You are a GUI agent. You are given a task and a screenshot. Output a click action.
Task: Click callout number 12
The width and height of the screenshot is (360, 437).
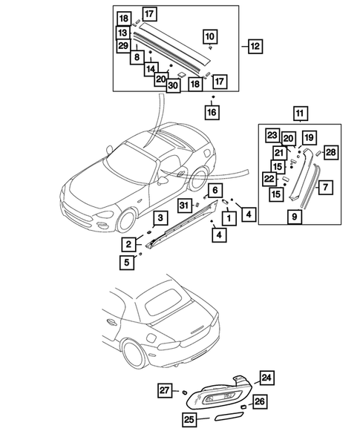pyautogui.click(x=254, y=46)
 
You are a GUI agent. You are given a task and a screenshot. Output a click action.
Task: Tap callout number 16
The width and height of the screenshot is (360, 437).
pyautogui.click(x=212, y=112)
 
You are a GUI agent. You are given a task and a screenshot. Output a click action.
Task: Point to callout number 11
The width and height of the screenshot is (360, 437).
pyautogui.click(x=299, y=114)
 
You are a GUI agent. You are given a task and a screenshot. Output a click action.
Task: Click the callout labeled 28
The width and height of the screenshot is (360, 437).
pyautogui.click(x=330, y=152)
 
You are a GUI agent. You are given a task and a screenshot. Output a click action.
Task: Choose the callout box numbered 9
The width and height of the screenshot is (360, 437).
pyautogui.click(x=295, y=217)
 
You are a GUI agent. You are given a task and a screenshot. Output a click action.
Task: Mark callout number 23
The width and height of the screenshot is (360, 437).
pyautogui.click(x=272, y=137)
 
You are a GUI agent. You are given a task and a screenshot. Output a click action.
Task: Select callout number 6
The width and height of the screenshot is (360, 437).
pyautogui.click(x=214, y=190)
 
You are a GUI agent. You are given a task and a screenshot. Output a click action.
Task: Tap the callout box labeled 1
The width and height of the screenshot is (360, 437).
pyautogui.click(x=229, y=218)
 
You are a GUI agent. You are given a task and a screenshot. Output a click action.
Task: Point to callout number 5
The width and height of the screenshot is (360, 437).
pyautogui.click(x=129, y=260)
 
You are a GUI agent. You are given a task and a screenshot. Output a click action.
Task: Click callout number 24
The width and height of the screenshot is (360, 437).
pyautogui.click(x=266, y=378)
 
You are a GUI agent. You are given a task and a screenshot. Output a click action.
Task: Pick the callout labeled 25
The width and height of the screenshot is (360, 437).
pyautogui.click(x=191, y=418)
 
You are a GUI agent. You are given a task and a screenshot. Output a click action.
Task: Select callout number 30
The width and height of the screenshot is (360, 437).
pyautogui.click(x=173, y=85)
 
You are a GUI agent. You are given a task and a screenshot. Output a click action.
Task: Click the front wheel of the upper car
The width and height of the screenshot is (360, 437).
pyautogui.click(x=125, y=220)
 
